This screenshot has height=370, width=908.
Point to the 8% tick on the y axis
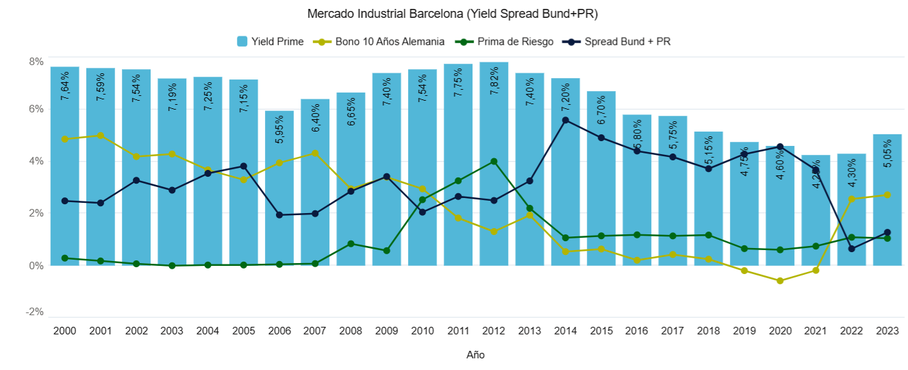click(36, 62)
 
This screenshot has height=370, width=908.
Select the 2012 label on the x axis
click(494, 330)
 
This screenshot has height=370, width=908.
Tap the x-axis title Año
click(475, 355)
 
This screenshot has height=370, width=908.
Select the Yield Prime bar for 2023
click(887, 206)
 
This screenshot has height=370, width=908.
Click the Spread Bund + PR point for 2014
click(566, 120)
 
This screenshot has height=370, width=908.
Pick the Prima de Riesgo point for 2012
click(494, 162)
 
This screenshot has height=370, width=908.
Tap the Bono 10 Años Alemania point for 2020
click(780, 281)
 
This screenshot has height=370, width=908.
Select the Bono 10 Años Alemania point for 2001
click(101, 136)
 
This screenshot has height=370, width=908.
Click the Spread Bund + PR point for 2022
click(851, 249)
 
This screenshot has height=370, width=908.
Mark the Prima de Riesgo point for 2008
click(351, 244)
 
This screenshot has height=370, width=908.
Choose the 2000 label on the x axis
click(64, 330)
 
